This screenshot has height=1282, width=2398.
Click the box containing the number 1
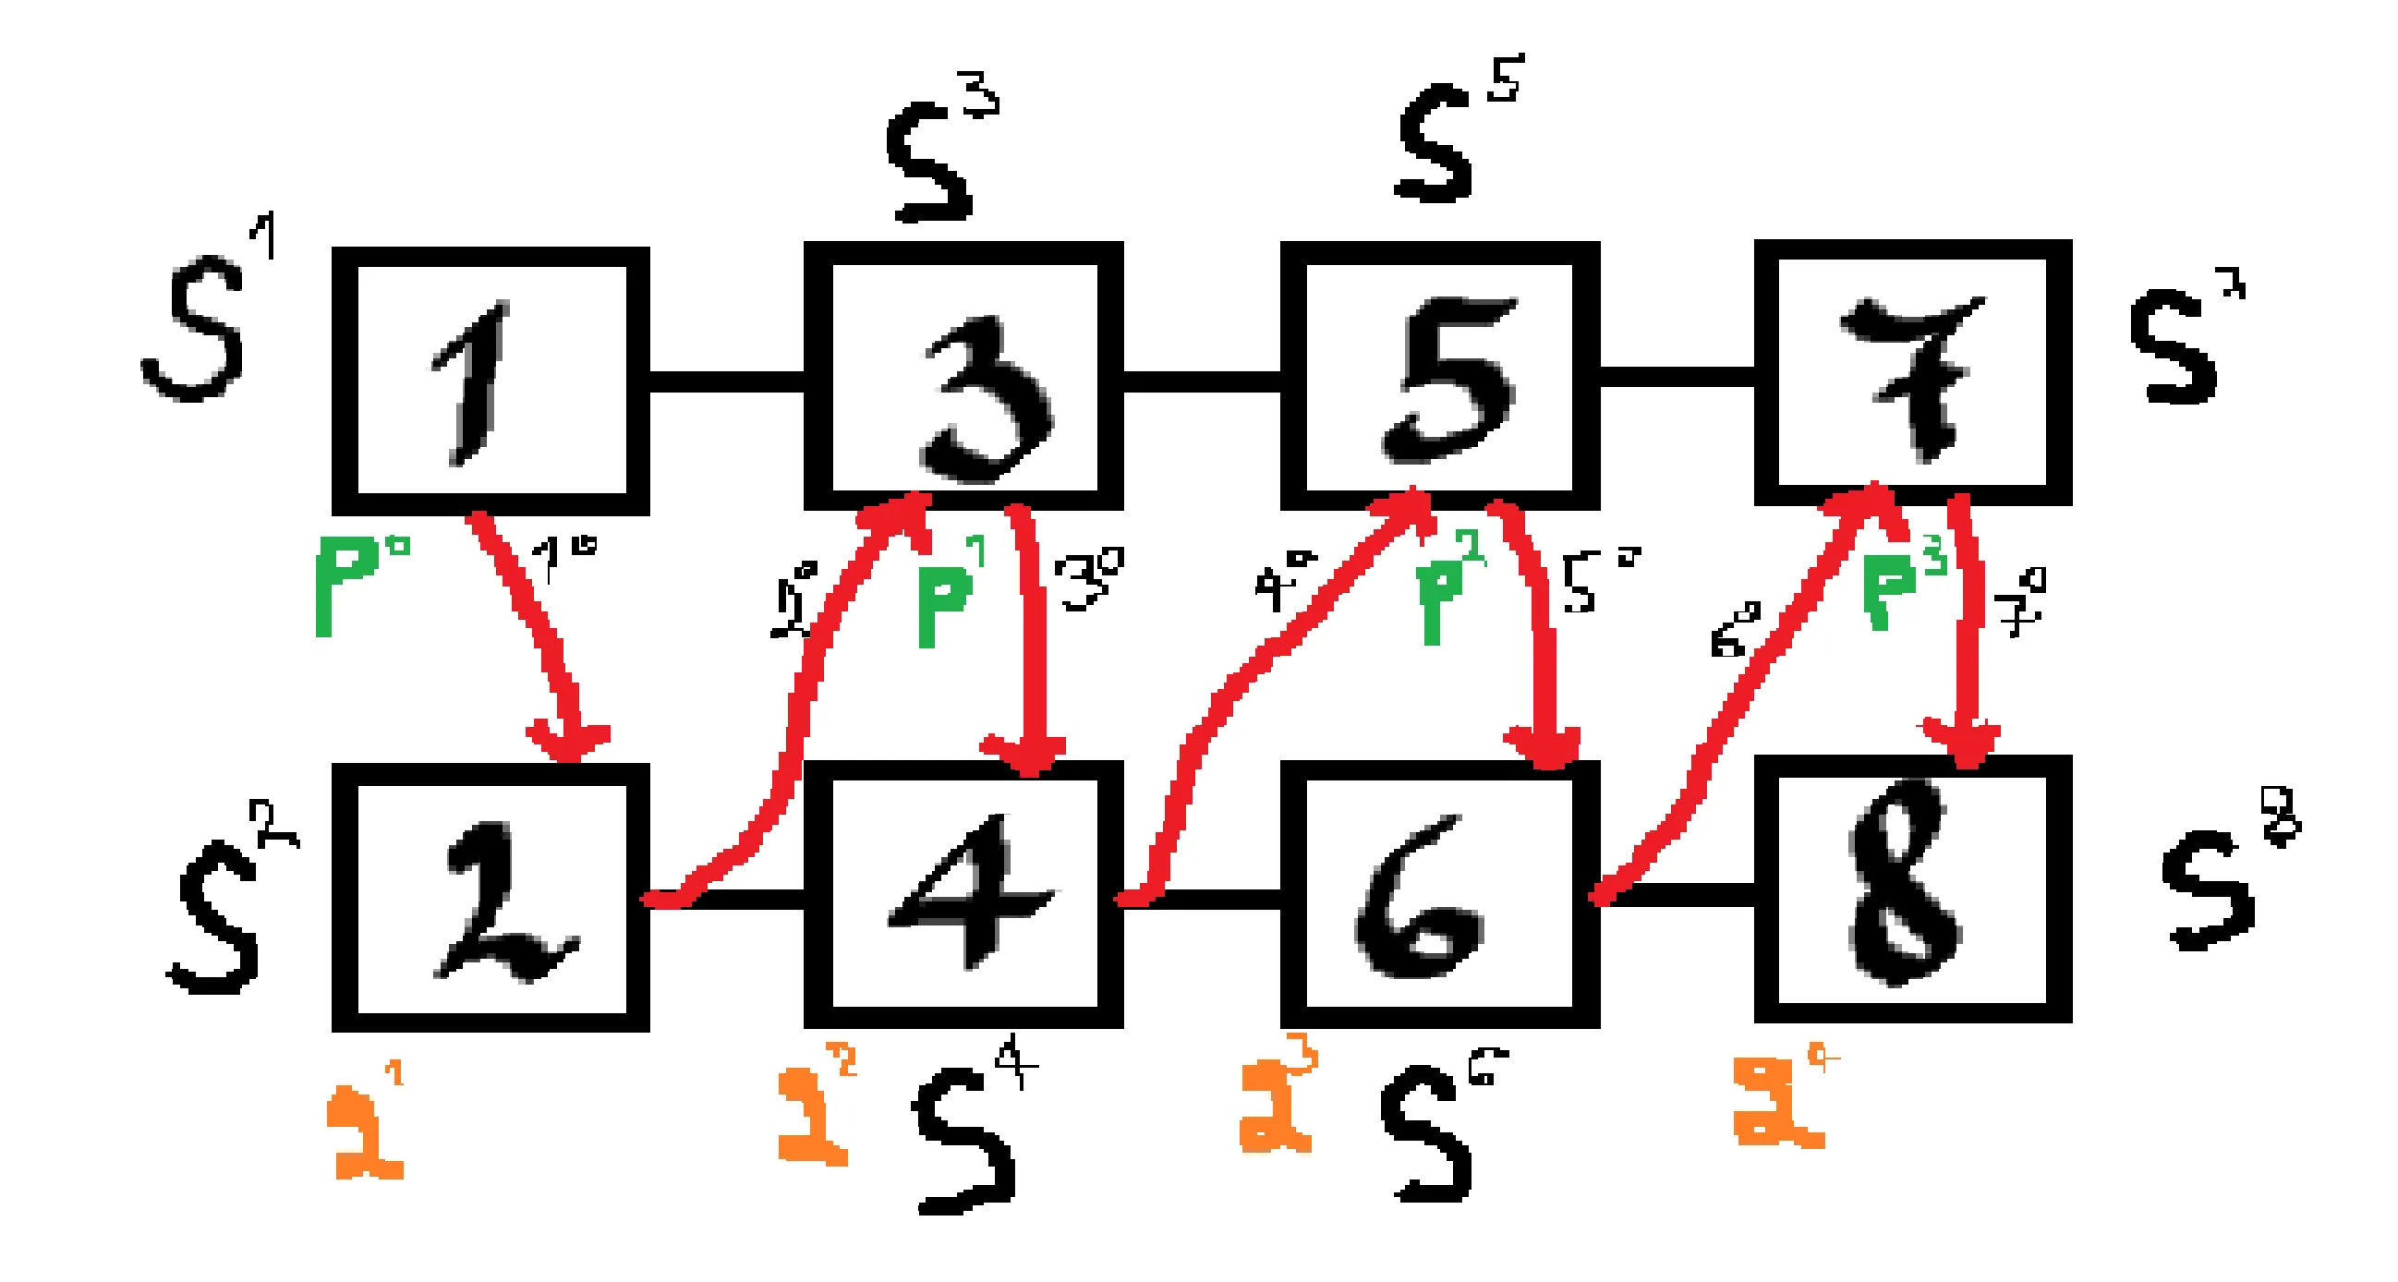(490, 381)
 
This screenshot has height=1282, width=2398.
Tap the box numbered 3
(963, 376)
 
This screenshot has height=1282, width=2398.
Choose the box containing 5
(1440, 376)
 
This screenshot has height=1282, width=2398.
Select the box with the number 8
(1913, 889)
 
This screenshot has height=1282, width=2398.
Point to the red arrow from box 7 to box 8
(1964, 643)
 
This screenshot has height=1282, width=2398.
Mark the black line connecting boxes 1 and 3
(726, 381)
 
